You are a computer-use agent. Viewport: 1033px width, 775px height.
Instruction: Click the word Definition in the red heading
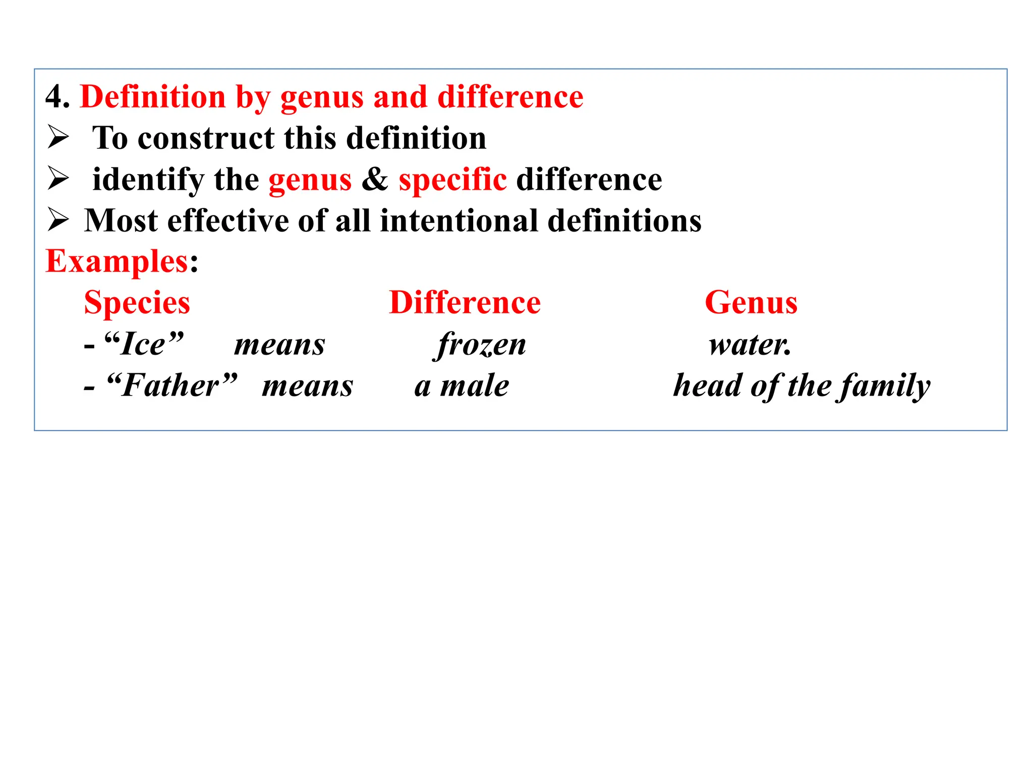[152, 96]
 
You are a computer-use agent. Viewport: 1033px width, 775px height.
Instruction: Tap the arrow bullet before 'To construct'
[58, 137]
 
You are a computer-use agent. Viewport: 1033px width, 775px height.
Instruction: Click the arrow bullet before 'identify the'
[58, 179]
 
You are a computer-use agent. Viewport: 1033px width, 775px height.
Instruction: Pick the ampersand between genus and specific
[375, 180]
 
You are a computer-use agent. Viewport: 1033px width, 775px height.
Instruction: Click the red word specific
[452, 180]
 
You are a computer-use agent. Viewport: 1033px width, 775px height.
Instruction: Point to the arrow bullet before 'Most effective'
[58, 220]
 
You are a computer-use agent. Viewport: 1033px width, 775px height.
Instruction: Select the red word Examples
[117, 262]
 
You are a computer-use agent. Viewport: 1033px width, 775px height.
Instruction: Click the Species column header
[137, 303]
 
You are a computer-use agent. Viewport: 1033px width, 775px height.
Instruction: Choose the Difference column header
[465, 303]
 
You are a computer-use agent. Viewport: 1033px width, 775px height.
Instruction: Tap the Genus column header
[751, 303]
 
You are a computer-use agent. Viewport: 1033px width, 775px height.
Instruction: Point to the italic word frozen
[481, 345]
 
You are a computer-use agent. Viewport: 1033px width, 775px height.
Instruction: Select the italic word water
[749, 345]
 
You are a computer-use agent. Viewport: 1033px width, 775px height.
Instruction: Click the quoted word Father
[171, 386]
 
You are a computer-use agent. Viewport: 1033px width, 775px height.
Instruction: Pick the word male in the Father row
[475, 386]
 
